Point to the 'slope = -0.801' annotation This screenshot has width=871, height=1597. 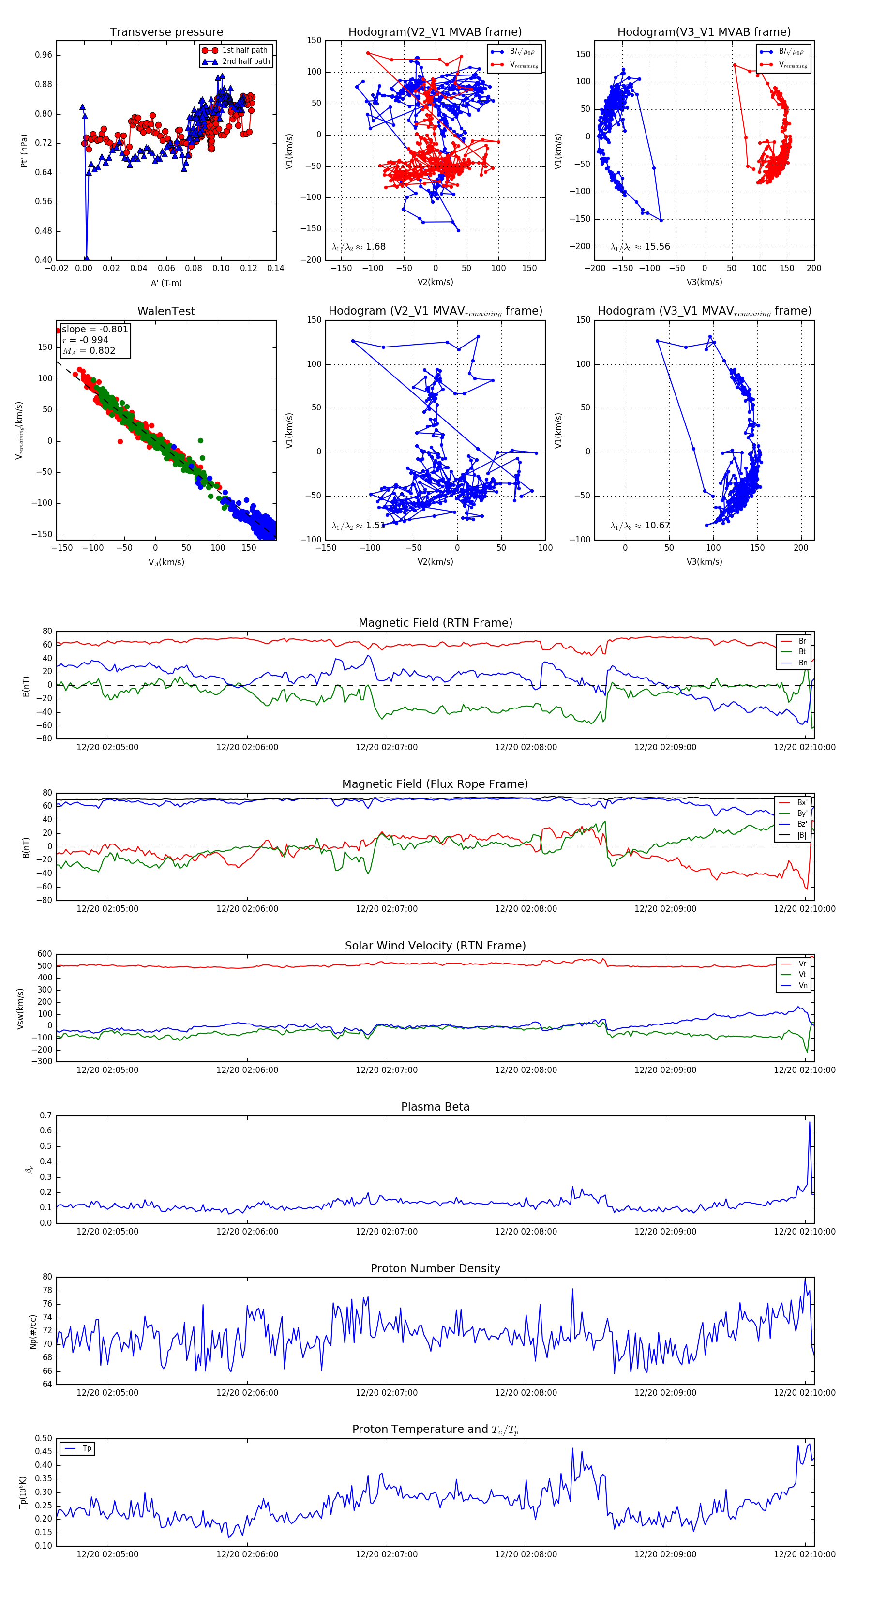pos(95,329)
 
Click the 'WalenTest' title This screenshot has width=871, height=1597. pos(166,311)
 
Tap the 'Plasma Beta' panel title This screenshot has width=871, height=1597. pos(435,1107)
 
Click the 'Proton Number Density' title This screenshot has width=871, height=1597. pos(435,1268)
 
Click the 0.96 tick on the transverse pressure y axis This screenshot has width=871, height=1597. pos(44,55)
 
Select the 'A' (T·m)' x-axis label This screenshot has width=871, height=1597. pos(166,283)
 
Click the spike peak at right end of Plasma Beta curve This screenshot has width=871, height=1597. pos(810,1121)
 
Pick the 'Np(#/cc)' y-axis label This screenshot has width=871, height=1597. pos(33,1332)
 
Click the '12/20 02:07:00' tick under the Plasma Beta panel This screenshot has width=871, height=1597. pos(386,1232)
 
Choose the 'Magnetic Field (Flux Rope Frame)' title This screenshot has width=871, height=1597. pos(435,784)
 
